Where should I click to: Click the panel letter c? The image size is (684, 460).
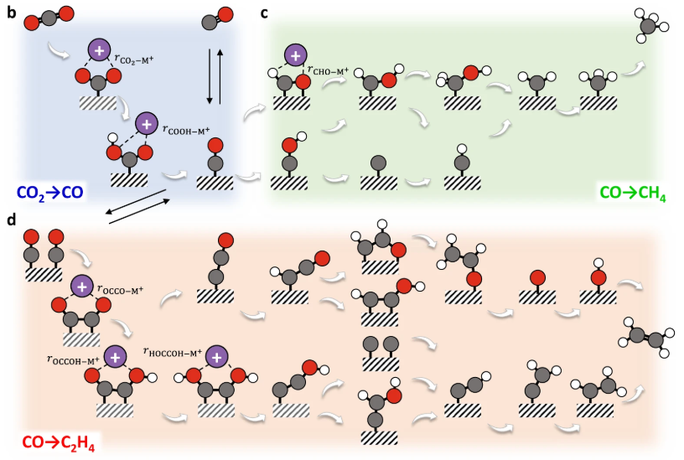[265, 13]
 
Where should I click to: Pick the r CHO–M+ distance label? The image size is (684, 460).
[331, 69]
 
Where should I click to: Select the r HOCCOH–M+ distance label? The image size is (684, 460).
[174, 353]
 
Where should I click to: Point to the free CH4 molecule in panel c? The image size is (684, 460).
[650, 23]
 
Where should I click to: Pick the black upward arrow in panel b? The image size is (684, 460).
[220, 75]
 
